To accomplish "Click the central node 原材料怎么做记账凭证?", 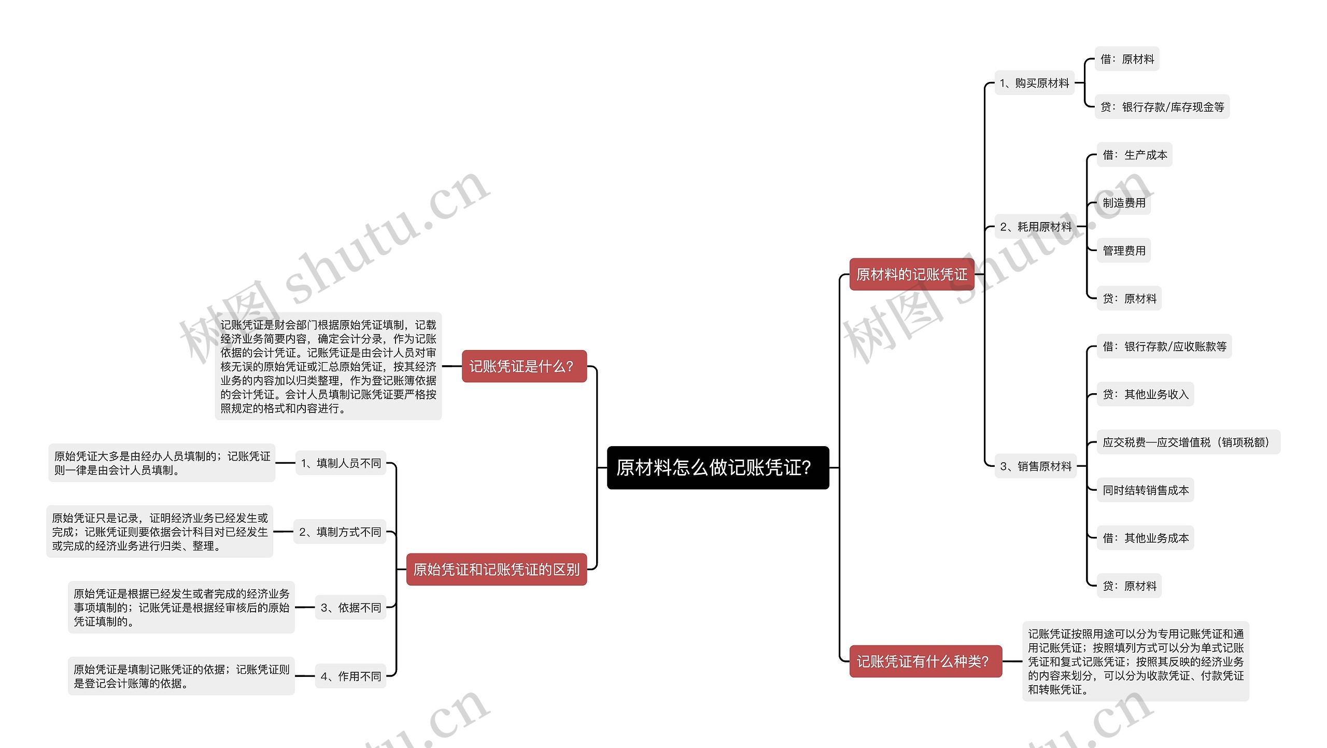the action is tap(717, 467).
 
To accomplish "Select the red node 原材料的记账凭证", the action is tap(911, 274).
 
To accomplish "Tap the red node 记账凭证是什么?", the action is tap(524, 366).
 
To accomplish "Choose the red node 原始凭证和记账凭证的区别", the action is tap(496, 570).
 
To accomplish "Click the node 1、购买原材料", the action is tap(1034, 83).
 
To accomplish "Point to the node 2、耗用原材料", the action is tap(1035, 227).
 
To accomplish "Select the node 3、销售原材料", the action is tap(1035, 466).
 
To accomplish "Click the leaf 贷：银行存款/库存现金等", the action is tap(1162, 107).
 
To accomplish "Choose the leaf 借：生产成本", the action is tap(1134, 155).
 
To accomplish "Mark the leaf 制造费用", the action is tap(1123, 203).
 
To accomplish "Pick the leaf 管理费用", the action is tap(1123, 251).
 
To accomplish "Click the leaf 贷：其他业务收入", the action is tap(1145, 394).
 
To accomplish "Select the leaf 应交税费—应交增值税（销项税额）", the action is tap(1188, 442).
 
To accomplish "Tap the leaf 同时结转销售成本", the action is tap(1145, 490).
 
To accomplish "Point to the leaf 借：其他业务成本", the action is tap(1145, 538).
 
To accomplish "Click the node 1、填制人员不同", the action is tap(341, 463).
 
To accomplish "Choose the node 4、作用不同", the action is tap(350, 676).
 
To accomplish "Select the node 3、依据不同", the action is tap(350, 607).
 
